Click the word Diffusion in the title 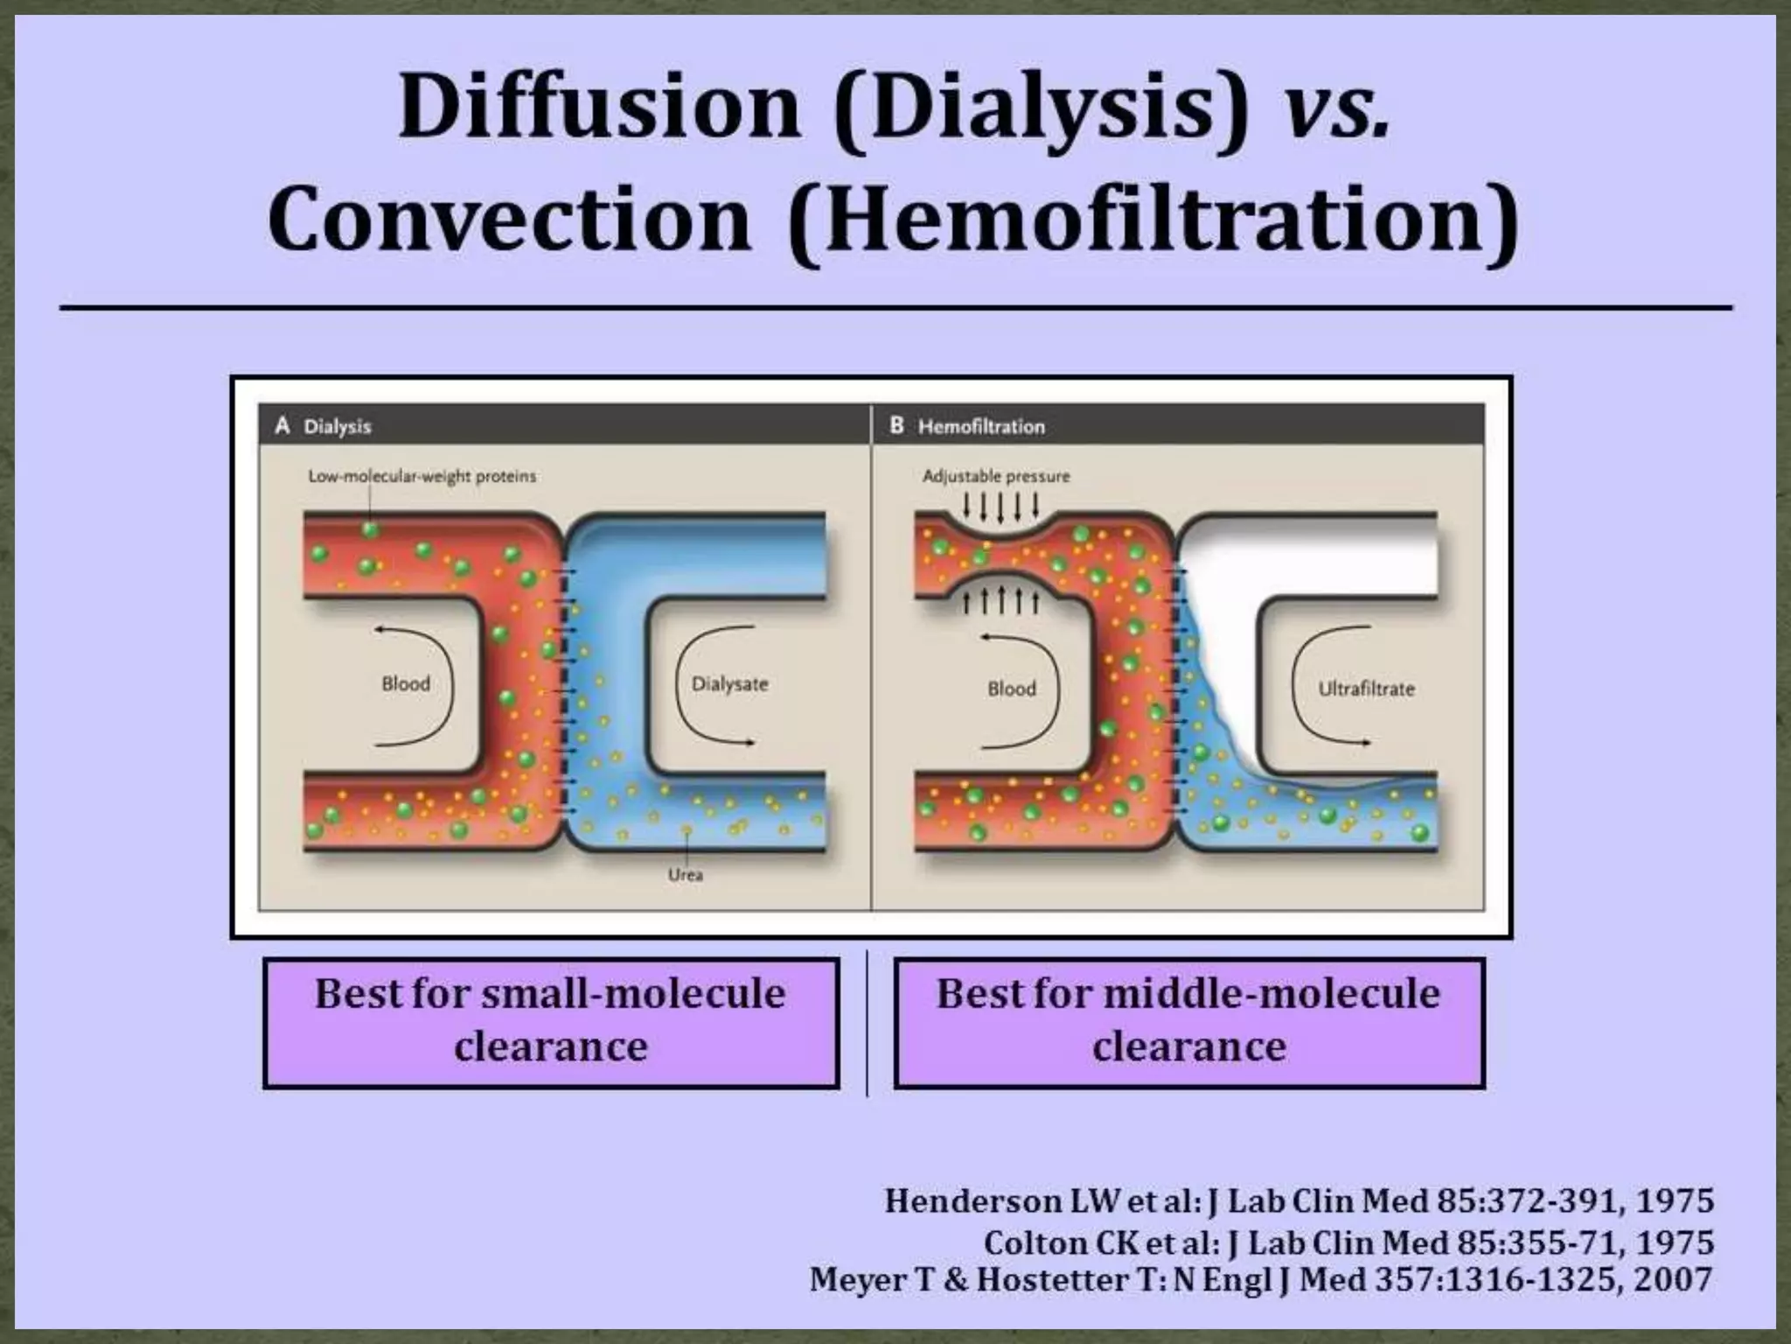click(600, 107)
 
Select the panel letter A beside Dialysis click(282, 426)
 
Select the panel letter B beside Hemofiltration click(896, 426)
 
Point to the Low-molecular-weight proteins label click(422, 477)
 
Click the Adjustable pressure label click(996, 477)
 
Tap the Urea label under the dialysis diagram click(685, 874)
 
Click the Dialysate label click(729, 684)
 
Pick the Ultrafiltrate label click(1366, 689)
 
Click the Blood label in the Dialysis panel click(406, 684)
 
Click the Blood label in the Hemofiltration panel click(1012, 689)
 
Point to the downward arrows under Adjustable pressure click(1000, 506)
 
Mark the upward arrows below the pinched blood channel click(1000, 601)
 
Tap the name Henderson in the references click(973, 1201)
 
